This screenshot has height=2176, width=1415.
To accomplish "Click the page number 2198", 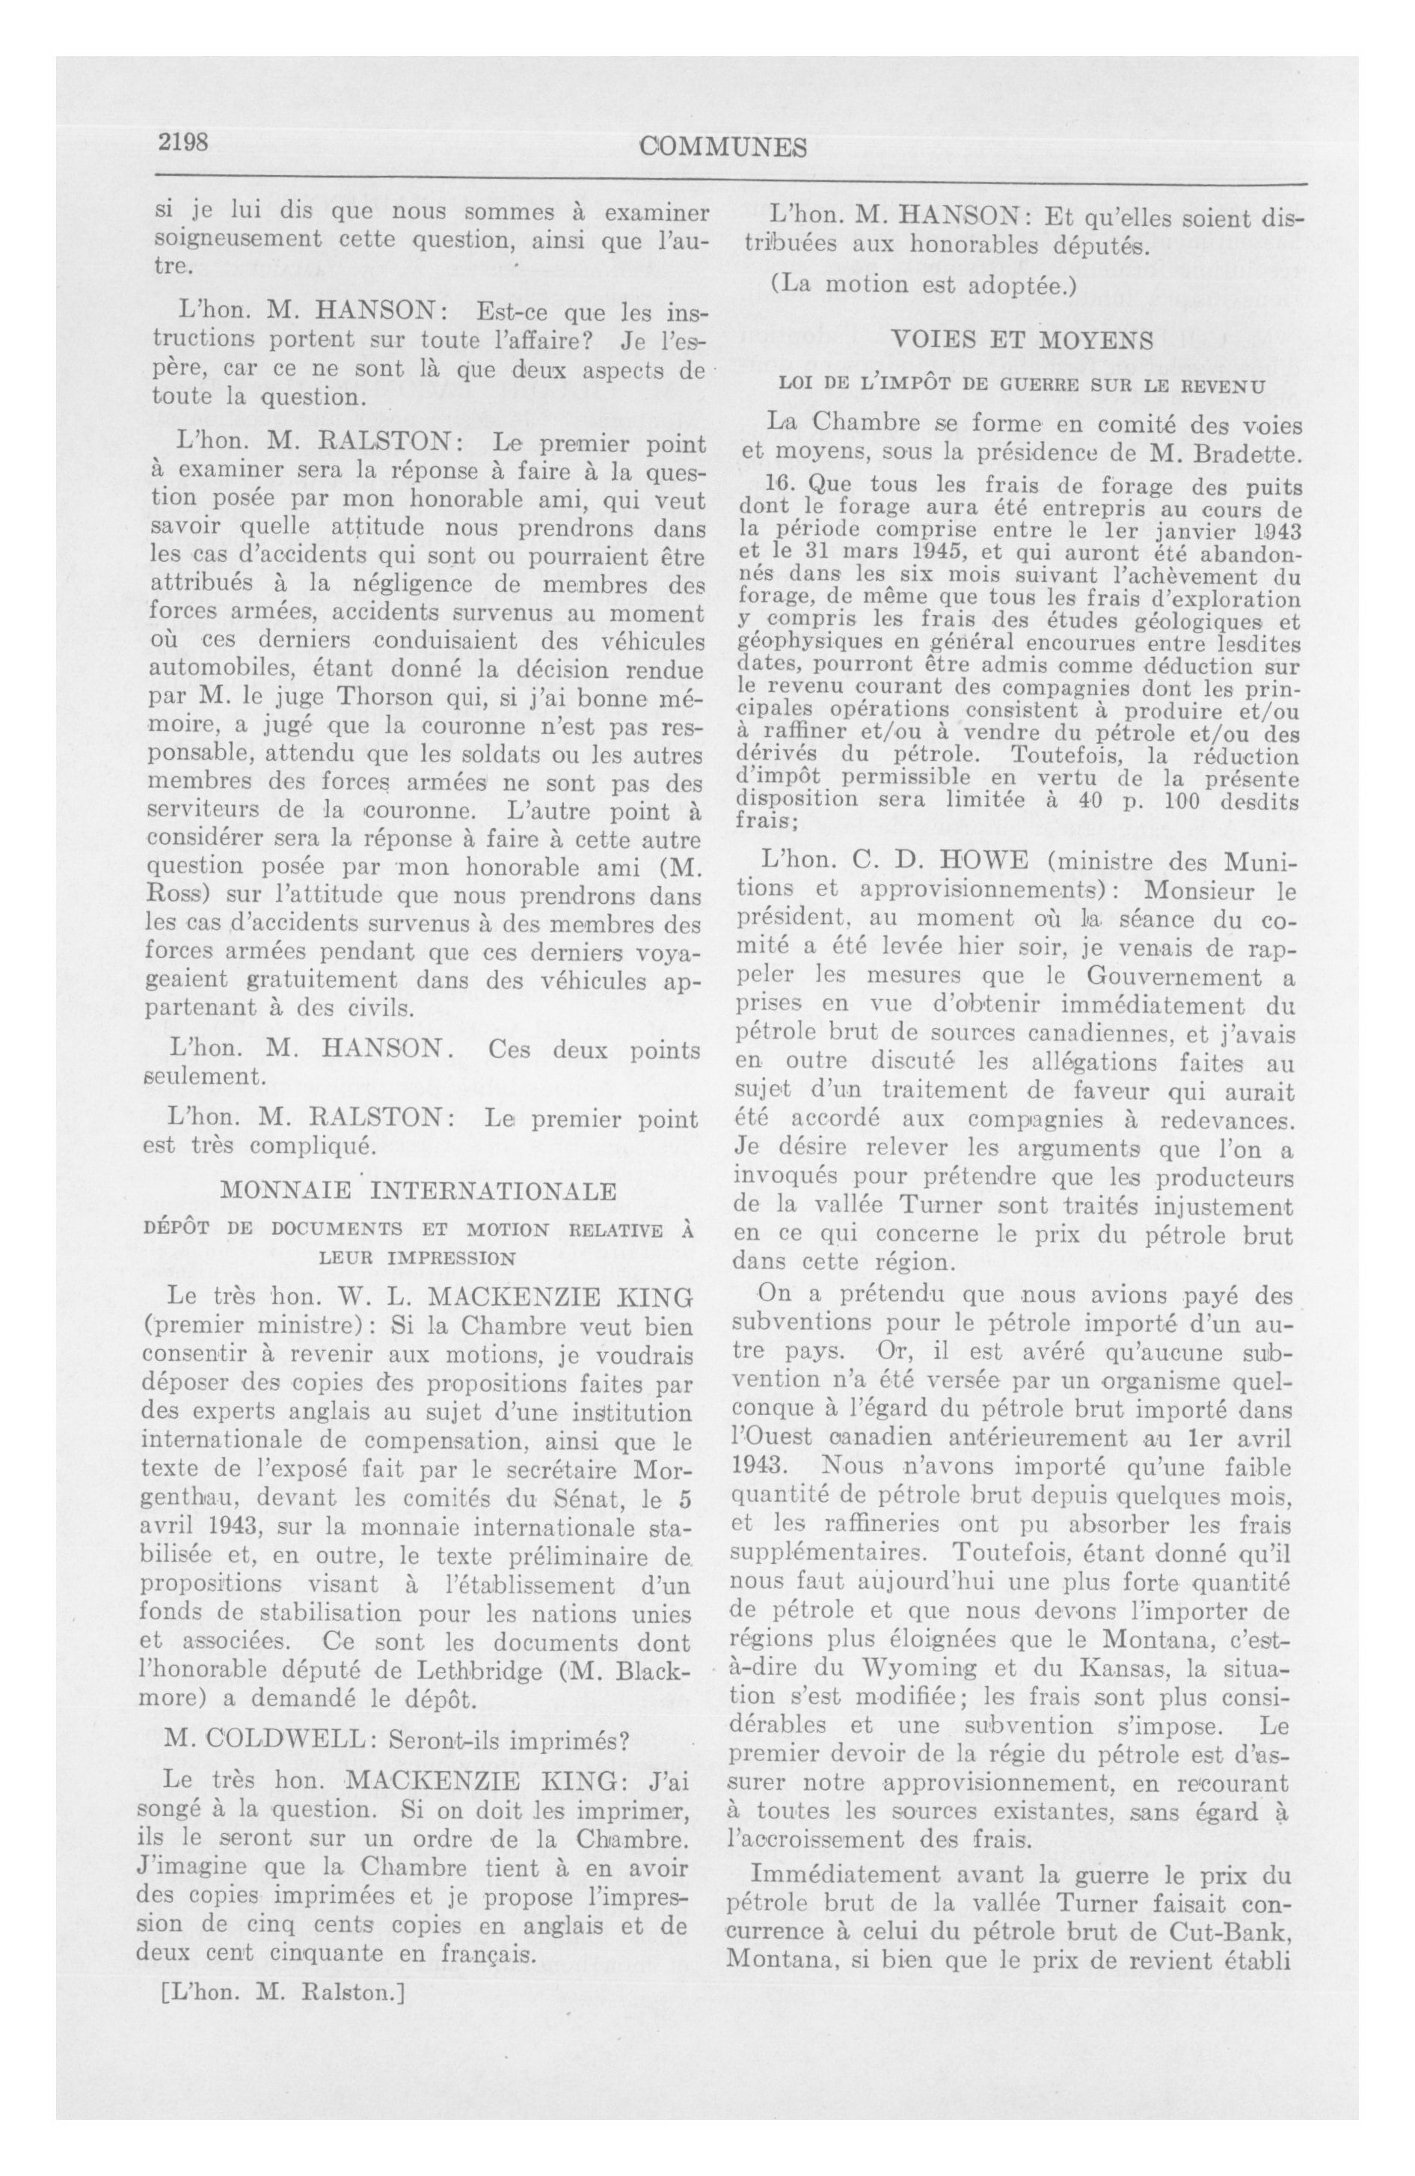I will pos(185,144).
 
